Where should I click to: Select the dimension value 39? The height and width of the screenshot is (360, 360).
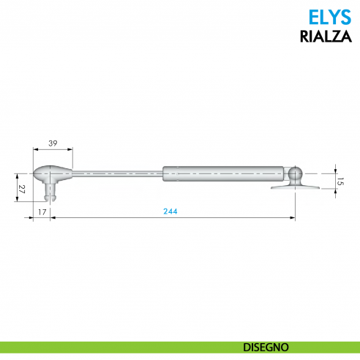53,144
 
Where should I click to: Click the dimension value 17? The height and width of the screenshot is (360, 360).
41,211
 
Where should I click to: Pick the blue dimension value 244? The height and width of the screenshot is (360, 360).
171,211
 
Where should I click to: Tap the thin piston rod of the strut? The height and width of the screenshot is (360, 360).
117,173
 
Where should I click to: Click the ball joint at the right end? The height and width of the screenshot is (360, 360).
295,176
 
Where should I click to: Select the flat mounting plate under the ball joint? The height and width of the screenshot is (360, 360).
296,188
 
